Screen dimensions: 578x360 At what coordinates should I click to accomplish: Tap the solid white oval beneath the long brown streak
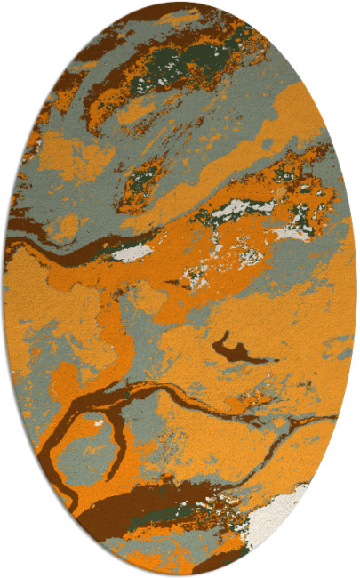pos(133,253)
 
